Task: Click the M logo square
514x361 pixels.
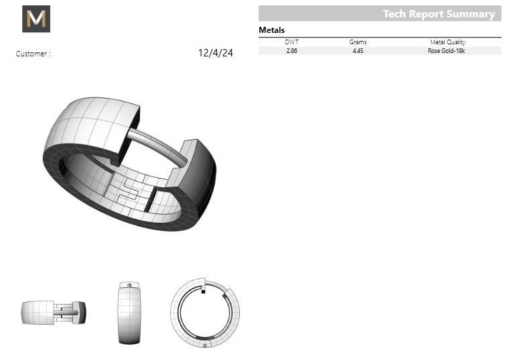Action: (36, 19)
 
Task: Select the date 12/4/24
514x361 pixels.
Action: (216, 53)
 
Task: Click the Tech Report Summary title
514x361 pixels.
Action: (438, 13)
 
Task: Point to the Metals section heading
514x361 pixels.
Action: (271, 30)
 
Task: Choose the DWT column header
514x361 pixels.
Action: (292, 42)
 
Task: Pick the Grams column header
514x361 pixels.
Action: (358, 42)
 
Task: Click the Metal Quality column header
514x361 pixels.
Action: (446, 42)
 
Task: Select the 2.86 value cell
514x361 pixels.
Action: (292, 51)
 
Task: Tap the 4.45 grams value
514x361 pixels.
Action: (358, 51)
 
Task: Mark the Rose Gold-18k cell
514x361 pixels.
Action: (446, 51)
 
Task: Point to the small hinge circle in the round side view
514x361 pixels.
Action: (204, 344)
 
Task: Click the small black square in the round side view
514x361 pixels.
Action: (203, 291)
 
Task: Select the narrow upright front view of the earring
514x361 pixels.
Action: (129, 314)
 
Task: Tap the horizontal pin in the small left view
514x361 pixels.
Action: (66, 312)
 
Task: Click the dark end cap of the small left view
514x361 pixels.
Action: (81, 312)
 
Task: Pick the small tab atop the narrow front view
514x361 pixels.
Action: (129, 285)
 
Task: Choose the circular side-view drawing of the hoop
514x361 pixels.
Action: (204, 313)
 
